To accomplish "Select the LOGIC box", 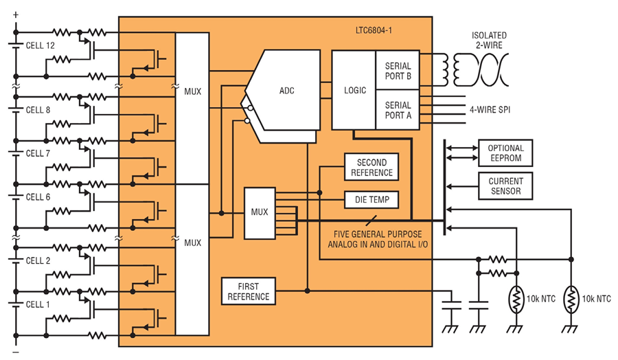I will pos(354,90).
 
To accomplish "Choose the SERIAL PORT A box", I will pos(398,110).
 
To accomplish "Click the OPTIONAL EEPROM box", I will pos(505,153).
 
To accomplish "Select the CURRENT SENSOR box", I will pos(505,186).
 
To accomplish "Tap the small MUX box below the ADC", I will pos(260,214).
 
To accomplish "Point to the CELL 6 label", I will pos(38,196).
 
